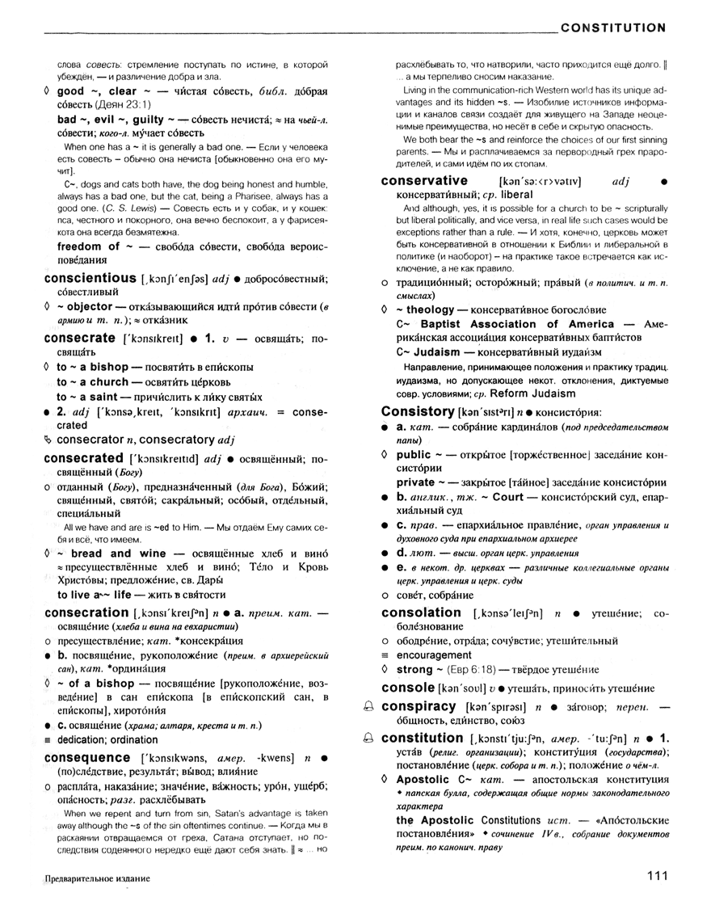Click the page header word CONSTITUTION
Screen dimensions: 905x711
(x=613, y=27)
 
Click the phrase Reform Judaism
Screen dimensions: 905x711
(x=524, y=394)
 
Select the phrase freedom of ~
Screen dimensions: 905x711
(x=88, y=246)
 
